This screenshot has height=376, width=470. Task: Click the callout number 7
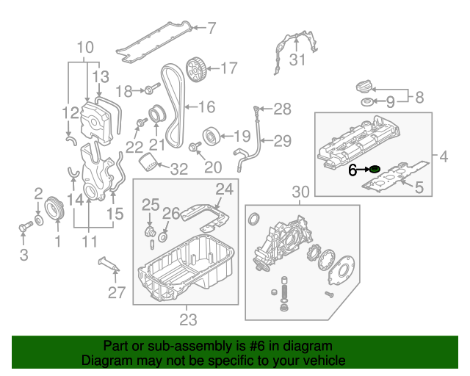pyautogui.click(x=211, y=29)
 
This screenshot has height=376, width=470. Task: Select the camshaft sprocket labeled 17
pyautogui.click(x=195, y=70)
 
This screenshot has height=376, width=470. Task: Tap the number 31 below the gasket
pyautogui.click(x=296, y=60)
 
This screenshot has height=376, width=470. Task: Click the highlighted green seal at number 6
pyautogui.click(x=375, y=170)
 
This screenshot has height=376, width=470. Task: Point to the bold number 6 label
pyautogui.click(x=353, y=170)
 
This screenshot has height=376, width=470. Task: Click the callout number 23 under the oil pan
pyautogui.click(x=188, y=320)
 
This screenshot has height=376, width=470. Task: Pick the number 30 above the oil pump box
pyautogui.click(x=300, y=192)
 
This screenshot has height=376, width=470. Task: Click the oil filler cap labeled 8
pyautogui.click(x=364, y=85)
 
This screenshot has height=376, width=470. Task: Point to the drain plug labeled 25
pyautogui.click(x=150, y=234)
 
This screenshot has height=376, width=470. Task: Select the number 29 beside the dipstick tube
pyautogui.click(x=283, y=140)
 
